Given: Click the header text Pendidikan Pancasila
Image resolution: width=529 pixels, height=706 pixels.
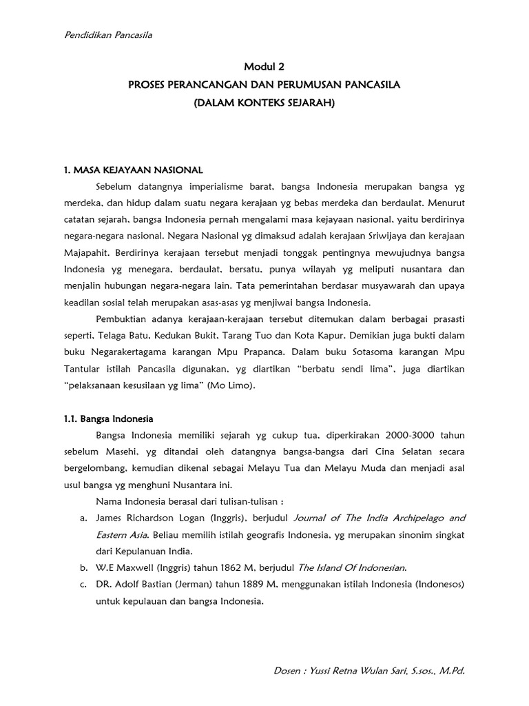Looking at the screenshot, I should coord(108,35).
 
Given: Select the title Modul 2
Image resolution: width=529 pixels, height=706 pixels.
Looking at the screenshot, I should coord(264,67).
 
